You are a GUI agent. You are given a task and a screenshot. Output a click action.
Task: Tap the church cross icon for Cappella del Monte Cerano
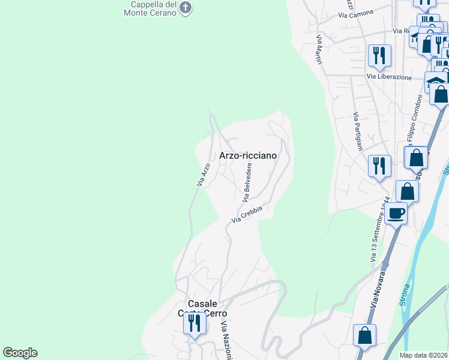pos(185,8)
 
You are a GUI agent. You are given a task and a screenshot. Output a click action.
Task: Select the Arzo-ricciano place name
pos(248,155)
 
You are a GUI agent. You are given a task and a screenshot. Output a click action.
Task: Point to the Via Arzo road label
pos(204,174)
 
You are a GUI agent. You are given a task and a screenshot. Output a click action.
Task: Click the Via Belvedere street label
pos(247,181)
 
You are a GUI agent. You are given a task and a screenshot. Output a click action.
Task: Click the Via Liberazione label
pos(390,77)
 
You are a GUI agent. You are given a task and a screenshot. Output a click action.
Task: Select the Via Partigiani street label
pos(358,131)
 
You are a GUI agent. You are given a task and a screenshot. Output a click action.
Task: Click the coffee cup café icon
pos(396,213)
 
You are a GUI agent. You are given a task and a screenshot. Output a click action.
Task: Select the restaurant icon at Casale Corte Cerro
pos(194,323)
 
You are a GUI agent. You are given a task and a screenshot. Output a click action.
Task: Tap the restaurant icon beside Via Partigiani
pos(379,164)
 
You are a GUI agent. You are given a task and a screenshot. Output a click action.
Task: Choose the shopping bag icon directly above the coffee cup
pos(408,191)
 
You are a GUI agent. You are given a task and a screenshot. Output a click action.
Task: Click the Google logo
pos(20,353)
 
